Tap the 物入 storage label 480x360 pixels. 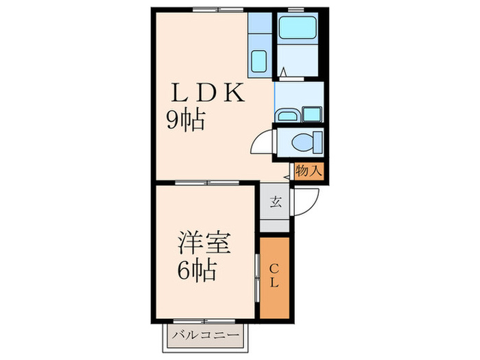coord(309,171)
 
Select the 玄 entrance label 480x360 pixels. coord(275,202)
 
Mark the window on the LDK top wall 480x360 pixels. coord(218,9)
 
